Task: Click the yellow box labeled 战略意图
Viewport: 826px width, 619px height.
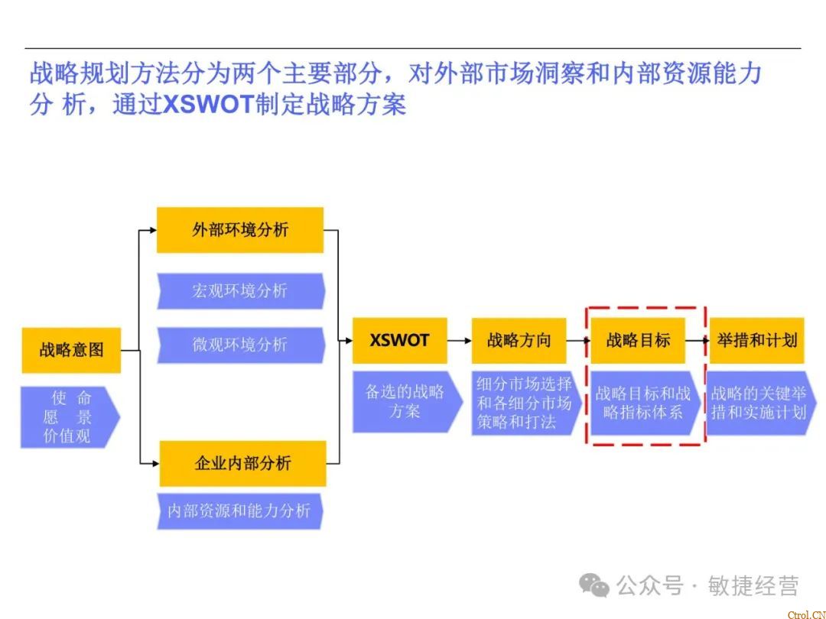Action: [x=71, y=350]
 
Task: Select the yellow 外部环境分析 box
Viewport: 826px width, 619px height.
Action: [x=240, y=230]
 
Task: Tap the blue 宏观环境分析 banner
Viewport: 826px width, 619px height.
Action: [x=240, y=291]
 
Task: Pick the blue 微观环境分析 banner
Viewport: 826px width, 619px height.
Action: [x=240, y=345]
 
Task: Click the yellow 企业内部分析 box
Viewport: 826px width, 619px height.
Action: [x=242, y=463]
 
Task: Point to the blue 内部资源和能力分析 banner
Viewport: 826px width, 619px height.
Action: [x=239, y=510]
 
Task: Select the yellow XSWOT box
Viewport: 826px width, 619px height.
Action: [x=399, y=340]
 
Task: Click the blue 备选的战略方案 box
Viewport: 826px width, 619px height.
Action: [x=405, y=402]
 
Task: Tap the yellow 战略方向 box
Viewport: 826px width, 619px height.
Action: [x=519, y=340]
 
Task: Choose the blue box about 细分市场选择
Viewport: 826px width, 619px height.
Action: [x=525, y=403]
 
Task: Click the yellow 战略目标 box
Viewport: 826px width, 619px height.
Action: [x=638, y=340]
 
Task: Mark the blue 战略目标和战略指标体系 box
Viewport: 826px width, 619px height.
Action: [x=643, y=403]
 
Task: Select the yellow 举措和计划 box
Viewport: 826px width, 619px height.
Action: [x=756, y=340]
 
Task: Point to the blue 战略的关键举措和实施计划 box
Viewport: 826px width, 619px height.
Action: [x=759, y=403]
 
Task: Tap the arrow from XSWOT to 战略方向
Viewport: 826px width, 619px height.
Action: [x=459, y=340]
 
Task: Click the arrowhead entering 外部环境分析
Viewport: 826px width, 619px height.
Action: [x=151, y=230]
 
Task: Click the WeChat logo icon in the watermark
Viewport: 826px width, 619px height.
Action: [x=593, y=585]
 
